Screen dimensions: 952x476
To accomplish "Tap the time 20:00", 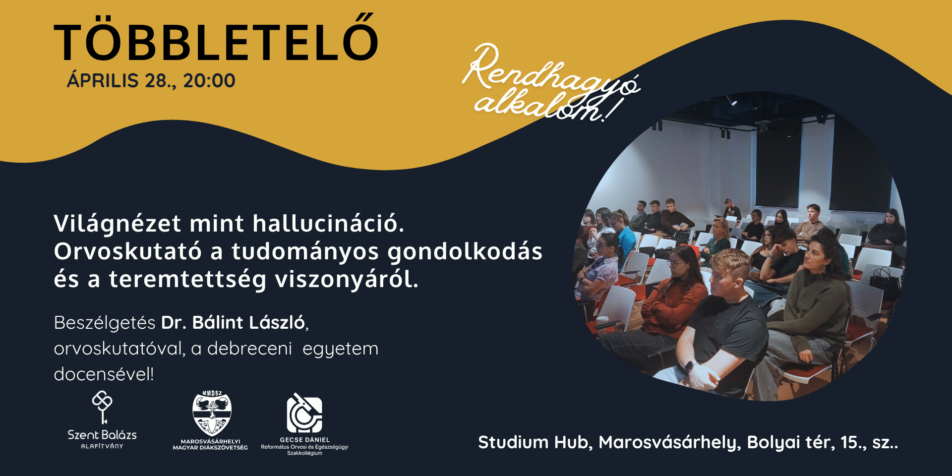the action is (209, 81).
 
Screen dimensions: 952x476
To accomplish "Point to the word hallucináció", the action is (328, 224).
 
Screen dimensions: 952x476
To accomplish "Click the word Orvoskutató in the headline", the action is (127, 251).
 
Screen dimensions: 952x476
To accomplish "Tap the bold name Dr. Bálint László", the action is (233, 322).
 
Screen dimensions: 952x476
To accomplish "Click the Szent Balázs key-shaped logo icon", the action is (102, 407).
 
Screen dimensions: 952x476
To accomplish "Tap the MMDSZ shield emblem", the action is (212, 413).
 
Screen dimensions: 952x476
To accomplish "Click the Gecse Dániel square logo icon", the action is (304, 414).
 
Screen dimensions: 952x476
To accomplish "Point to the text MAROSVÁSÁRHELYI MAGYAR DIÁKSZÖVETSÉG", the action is (210, 444).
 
